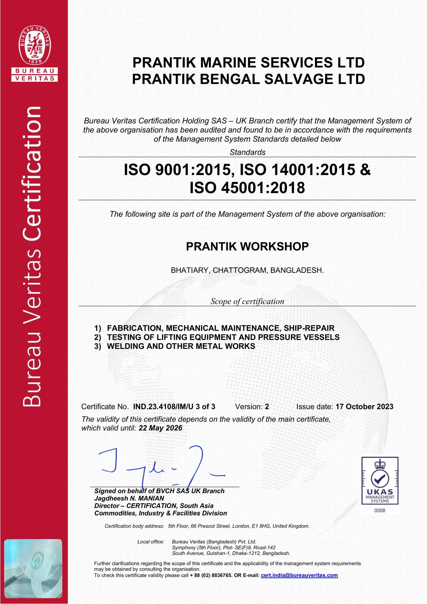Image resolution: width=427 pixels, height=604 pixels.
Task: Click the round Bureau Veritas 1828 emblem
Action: click(x=34, y=45)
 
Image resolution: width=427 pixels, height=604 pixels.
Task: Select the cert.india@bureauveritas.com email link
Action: click(x=299, y=583)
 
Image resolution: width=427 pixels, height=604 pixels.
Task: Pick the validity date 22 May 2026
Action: click(x=160, y=428)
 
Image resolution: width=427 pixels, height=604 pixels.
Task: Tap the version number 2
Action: click(x=267, y=407)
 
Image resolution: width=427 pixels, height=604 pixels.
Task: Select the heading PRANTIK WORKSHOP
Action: click(x=247, y=247)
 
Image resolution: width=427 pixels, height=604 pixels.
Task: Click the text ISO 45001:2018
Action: click(x=247, y=188)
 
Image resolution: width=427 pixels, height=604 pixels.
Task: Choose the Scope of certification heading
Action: click(x=247, y=301)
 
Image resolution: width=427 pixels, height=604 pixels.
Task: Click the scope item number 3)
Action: click(x=98, y=346)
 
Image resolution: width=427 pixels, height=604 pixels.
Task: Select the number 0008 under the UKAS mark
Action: click(x=380, y=510)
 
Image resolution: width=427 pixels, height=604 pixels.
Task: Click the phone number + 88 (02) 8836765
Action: click(x=211, y=583)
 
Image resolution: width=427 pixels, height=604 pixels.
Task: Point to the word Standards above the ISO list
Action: click(x=247, y=152)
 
